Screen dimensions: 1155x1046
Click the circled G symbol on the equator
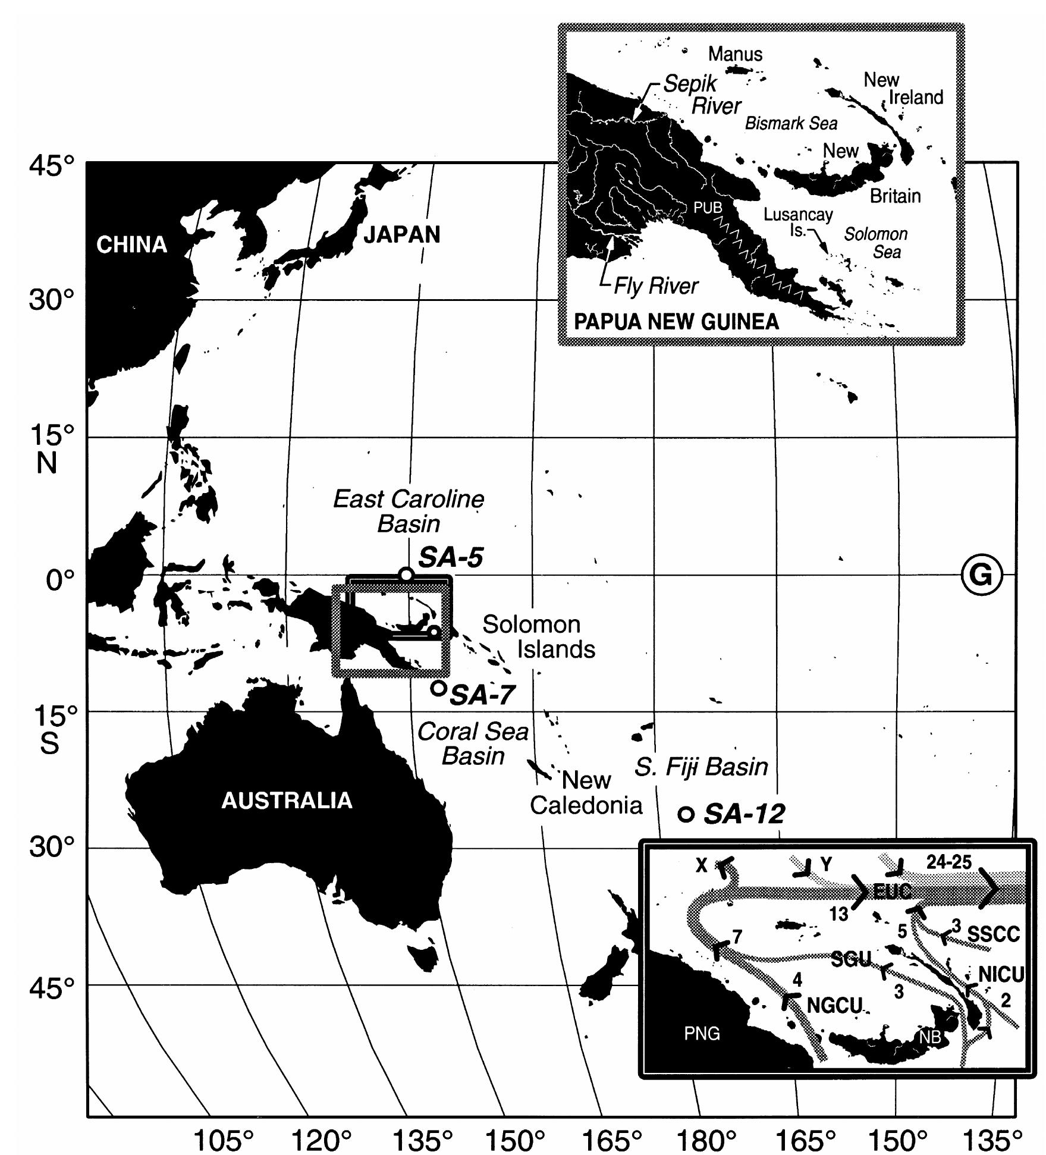[982, 575]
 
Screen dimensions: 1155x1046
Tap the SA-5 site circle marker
[406, 575]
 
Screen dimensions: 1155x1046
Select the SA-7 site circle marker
[438, 688]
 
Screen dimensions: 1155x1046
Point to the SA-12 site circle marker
[686, 814]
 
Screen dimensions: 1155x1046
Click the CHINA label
[131, 244]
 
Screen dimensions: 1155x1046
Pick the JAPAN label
[402, 235]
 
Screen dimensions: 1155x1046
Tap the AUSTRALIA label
[287, 801]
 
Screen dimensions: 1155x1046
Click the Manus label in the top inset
[735, 54]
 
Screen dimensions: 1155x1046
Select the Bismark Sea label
[791, 124]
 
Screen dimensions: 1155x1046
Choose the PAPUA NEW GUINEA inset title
[676, 322]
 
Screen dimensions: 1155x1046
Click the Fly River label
[656, 286]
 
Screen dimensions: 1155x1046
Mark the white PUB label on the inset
[708, 208]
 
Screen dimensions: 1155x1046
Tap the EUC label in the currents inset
[892, 891]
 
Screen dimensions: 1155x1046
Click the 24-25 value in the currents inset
[949, 862]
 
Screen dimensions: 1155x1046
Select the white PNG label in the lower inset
[702, 1033]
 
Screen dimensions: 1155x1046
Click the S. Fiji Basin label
[701, 767]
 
